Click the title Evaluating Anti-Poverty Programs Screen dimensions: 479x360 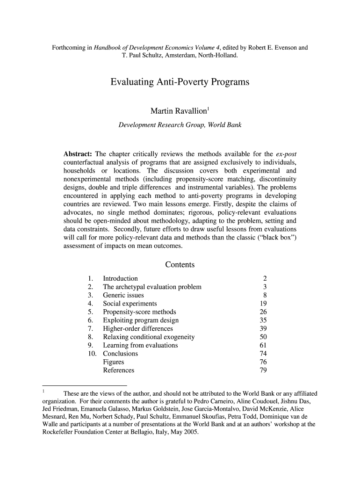180,83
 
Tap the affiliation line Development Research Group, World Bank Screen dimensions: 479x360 180,125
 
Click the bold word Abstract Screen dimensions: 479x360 78,154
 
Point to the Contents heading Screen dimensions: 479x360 180,265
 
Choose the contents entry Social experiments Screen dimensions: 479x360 130,304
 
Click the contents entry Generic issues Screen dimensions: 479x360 123,295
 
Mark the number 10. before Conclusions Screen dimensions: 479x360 92,354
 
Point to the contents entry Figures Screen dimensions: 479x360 114,362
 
